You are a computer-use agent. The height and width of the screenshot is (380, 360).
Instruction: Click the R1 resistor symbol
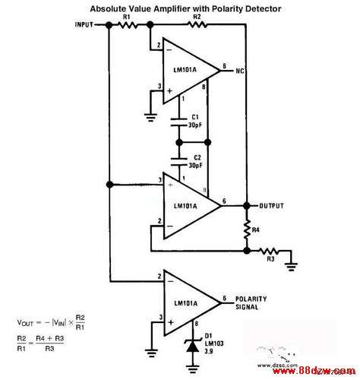[128, 25]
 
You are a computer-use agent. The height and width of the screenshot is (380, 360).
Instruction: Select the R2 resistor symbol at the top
[197, 24]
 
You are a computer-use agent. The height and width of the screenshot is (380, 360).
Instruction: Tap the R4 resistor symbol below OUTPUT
[247, 230]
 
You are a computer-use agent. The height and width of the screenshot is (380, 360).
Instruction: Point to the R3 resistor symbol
[269, 251]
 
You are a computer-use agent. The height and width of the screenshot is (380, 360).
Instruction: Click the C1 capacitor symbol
[179, 122]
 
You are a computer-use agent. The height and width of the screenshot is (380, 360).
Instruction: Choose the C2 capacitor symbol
[179, 162]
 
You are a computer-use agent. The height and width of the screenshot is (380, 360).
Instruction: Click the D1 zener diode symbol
[192, 346]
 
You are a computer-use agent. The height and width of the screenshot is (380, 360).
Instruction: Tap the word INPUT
[84, 25]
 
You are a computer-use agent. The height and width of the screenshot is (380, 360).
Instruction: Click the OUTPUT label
[271, 206]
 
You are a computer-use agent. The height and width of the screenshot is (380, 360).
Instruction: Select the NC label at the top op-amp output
[240, 71]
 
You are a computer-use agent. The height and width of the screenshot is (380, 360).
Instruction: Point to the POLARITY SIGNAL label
[251, 303]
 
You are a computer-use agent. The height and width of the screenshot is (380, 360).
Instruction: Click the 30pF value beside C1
[195, 125]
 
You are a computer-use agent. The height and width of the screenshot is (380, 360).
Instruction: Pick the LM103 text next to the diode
[214, 344]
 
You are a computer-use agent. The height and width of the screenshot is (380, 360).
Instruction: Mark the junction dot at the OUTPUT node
[247, 206]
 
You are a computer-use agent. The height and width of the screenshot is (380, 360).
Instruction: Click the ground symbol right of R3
[291, 267]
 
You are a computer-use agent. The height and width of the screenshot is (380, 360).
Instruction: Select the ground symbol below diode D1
[192, 369]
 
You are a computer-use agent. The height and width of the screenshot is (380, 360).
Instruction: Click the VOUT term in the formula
[25, 323]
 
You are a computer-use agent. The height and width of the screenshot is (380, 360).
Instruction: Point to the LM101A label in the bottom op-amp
[186, 303]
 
